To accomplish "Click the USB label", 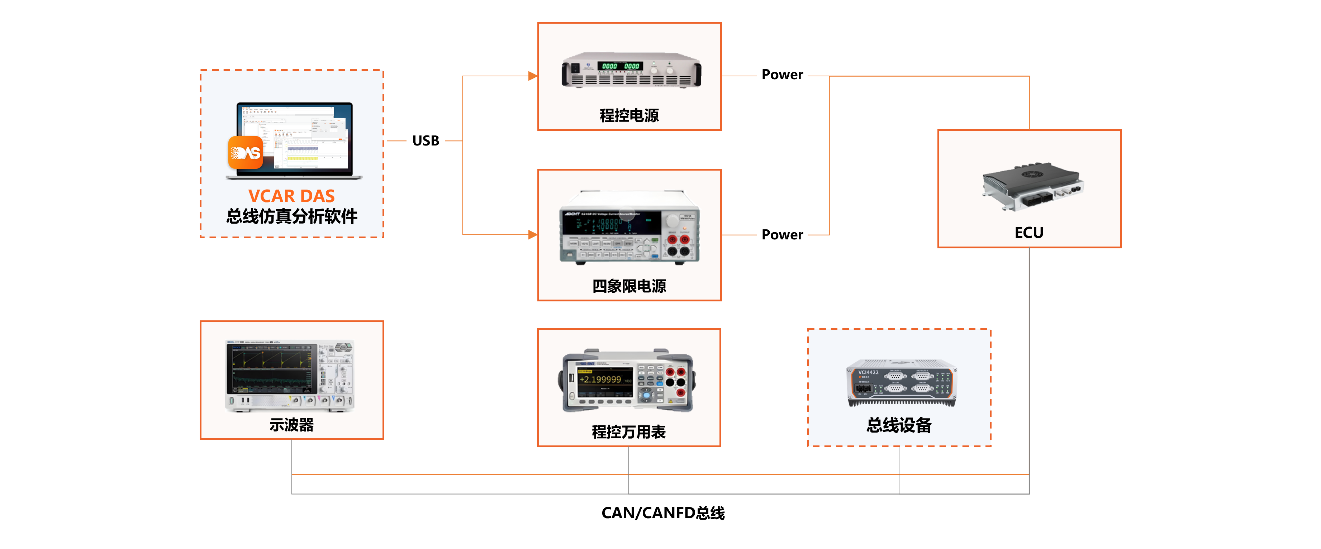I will pos(426,140).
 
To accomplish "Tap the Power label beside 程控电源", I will pos(782,74).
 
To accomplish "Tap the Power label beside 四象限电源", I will pos(782,234).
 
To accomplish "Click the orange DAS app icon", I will pos(245,153).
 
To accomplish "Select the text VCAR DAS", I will pos(291,196).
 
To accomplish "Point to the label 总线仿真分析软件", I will pos(291,216).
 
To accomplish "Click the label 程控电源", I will pos(629,115).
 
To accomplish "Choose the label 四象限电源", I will pos(629,286).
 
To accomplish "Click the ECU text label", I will pos(1029,233).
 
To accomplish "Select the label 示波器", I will pos(291,425).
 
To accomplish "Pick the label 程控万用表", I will pos(629,432).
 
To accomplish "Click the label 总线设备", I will pos(899,425).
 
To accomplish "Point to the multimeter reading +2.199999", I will pos(600,379).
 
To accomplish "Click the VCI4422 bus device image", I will pos(901,383).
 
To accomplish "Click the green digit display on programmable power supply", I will pos(621,66).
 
